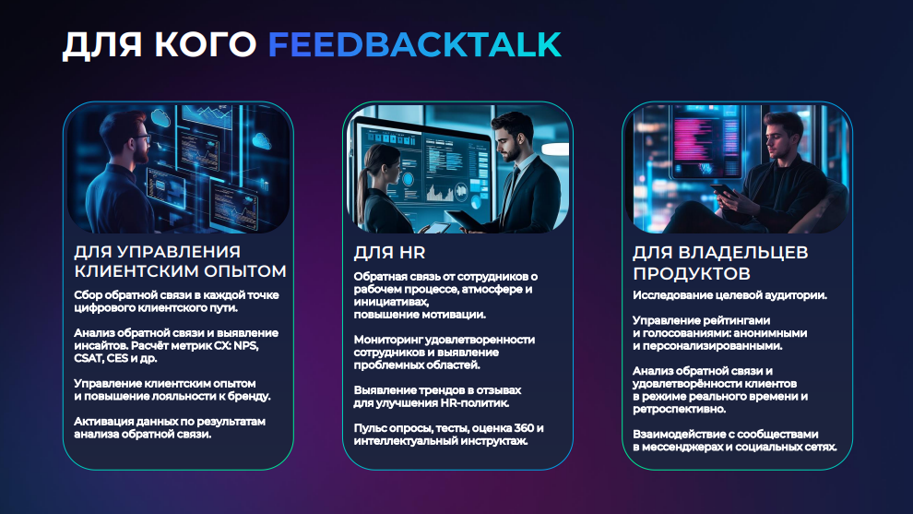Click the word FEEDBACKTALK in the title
point(415,45)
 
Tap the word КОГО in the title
point(206,45)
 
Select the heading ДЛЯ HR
point(389,252)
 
